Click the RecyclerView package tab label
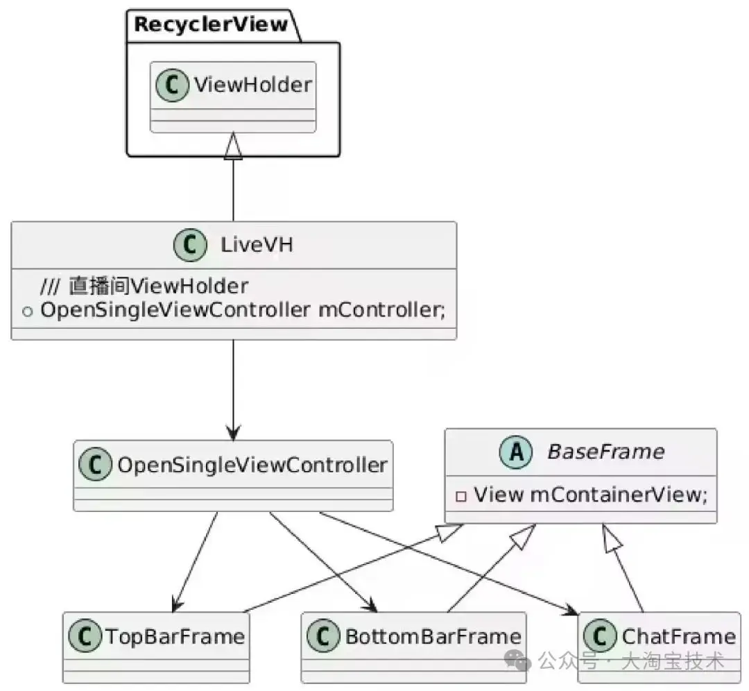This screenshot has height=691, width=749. (x=210, y=25)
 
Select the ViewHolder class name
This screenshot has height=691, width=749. (x=252, y=85)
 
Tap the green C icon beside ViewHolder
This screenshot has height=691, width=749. (x=172, y=87)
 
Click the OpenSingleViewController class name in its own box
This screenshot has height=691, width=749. (x=252, y=465)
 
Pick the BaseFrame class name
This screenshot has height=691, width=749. (x=605, y=452)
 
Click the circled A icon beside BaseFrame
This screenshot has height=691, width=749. (x=515, y=453)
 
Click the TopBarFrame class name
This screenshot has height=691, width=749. (x=173, y=636)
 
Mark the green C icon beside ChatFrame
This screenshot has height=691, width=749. (x=600, y=636)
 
